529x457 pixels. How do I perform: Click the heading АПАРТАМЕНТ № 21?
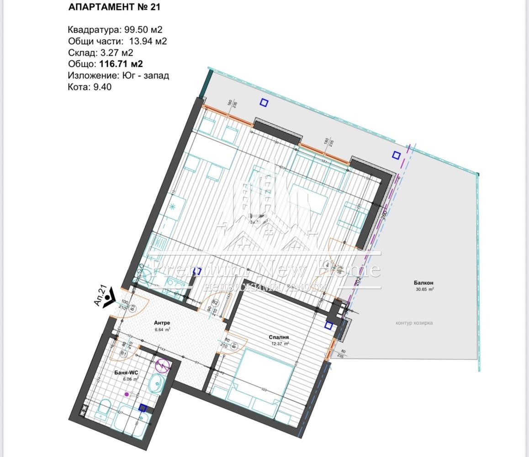tap(114, 7)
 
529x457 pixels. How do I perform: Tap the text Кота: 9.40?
tap(90, 87)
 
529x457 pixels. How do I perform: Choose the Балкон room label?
tap(424, 283)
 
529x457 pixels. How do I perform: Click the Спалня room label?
tap(279, 337)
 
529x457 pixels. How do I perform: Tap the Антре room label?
tap(162, 323)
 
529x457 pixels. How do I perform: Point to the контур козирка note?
tap(414, 323)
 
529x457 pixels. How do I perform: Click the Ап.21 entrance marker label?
tap(101, 295)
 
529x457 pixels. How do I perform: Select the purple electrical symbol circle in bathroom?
tap(163, 365)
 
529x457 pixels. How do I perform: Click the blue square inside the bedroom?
tap(328, 325)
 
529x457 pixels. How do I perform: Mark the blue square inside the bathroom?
tap(143, 408)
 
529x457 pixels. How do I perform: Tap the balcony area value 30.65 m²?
tap(424, 289)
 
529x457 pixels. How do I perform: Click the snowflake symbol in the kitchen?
tap(172, 207)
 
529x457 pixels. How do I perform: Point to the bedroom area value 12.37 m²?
tap(280, 344)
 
